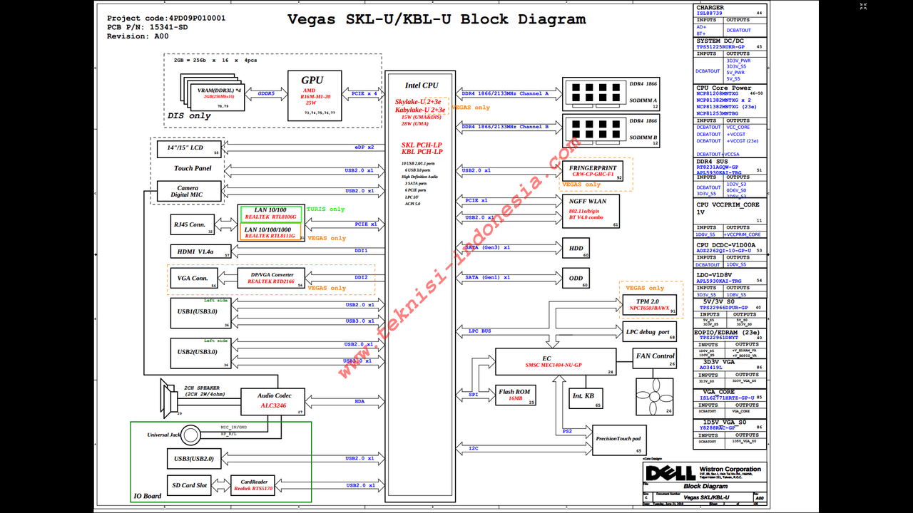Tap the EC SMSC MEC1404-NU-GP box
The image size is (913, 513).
click(556, 361)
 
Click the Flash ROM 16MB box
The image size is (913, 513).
click(514, 395)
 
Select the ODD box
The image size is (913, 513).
click(576, 279)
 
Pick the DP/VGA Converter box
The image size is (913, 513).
click(271, 278)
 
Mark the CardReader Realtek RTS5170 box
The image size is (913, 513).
click(253, 485)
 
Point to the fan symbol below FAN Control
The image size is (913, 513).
click(654, 397)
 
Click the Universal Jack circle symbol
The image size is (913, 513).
click(191, 435)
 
